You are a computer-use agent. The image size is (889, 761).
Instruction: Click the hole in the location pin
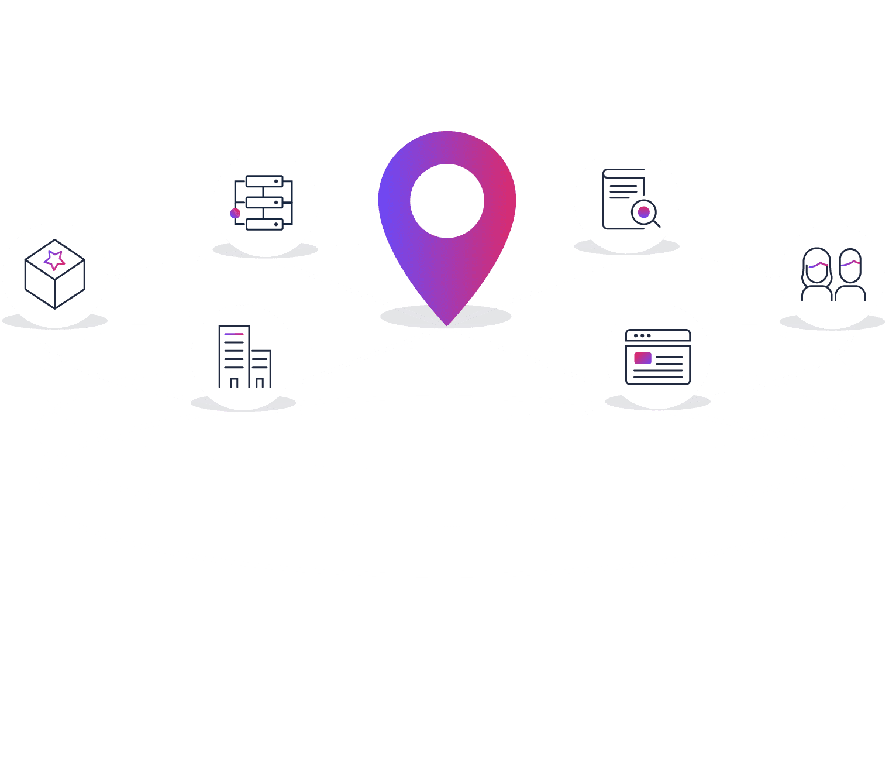447,201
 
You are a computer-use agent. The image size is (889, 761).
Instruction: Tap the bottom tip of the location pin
447,324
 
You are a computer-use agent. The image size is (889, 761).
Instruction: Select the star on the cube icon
54,259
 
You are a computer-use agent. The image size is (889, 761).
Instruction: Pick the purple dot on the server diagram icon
235,213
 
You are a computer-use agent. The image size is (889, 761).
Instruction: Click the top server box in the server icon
264,181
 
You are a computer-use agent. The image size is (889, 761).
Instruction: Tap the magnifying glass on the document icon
644,212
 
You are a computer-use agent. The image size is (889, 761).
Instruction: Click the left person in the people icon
816,275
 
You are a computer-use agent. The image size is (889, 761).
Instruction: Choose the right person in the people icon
850,275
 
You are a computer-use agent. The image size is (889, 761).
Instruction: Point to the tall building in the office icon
234,356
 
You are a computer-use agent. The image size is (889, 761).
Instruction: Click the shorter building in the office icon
260,369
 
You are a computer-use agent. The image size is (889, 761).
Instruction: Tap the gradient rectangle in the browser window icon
643,358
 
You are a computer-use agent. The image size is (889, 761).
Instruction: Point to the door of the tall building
234,383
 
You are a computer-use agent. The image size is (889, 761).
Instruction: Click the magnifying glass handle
656,223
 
